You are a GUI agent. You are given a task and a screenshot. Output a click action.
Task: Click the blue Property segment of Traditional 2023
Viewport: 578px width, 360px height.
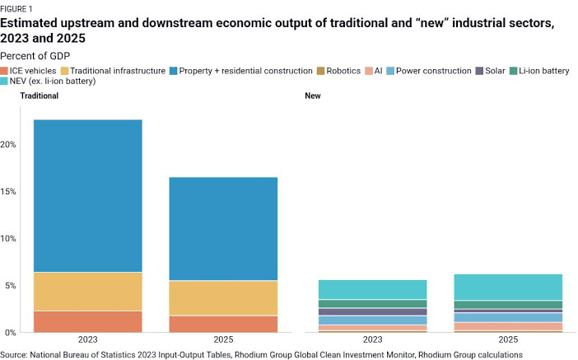pyautogui.click(x=88, y=196)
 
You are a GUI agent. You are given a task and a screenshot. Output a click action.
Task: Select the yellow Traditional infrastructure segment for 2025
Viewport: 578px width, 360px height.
pyautogui.click(x=223, y=298)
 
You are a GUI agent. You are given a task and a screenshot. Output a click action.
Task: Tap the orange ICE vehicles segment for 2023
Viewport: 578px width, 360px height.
pyautogui.click(x=88, y=321)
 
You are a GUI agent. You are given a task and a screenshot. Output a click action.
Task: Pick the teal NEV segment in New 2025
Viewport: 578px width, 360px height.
pyautogui.click(x=508, y=287)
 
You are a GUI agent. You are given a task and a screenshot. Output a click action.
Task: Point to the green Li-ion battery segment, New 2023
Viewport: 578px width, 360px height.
pyautogui.click(x=373, y=304)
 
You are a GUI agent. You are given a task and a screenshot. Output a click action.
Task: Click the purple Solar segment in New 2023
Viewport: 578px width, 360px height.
pyautogui.click(x=373, y=312)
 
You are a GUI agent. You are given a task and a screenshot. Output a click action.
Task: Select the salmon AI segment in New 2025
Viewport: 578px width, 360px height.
pyautogui.click(x=508, y=326)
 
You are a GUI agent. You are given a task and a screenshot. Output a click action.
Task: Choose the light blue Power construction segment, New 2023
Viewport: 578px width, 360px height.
pyautogui.click(x=373, y=320)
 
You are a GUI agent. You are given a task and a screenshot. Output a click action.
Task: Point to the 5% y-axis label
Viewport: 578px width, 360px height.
pyautogui.click(x=11, y=286)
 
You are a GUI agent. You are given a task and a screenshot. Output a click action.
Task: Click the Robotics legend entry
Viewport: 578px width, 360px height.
pyautogui.click(x=338, y=71)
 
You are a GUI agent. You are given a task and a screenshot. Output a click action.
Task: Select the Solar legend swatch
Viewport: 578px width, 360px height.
pyautogui.click(x=479, y=71)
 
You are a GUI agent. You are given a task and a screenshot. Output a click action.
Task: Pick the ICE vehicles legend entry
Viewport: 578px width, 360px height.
pyautogui.click(x=28, y=71)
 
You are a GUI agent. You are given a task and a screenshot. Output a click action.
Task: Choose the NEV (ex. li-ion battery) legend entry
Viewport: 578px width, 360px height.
pyautogui.click(x=48, y=81)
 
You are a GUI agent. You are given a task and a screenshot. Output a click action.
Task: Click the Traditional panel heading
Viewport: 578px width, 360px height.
pyautogui.click(x=39, y=96)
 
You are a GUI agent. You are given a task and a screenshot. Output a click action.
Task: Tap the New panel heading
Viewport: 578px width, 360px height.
pyautogui.click(x=313, y=96)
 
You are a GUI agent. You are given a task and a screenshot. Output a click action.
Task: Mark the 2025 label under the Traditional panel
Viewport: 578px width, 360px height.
pyautogui.click(x=223, y=339)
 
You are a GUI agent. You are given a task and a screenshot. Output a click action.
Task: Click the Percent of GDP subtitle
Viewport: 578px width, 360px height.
pyautogui.click(x=35, y=56)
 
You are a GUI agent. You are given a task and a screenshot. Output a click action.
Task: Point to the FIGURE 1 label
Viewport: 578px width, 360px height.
pyautogui.click(x=16, y=9)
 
